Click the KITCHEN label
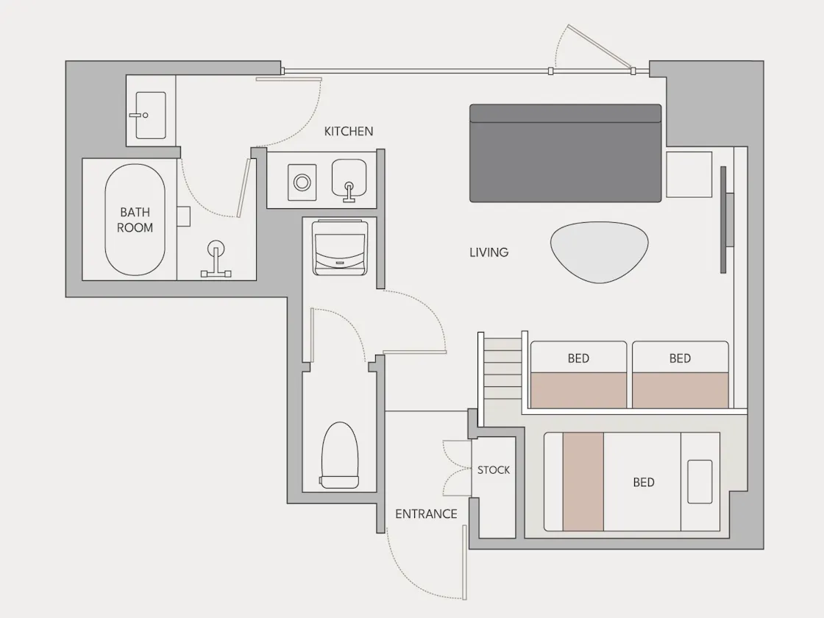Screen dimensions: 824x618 pos(349,132)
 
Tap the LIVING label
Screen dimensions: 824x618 pos(489,252)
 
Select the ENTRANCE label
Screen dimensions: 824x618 pos(426,514)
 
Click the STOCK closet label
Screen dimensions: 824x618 pos(494,470)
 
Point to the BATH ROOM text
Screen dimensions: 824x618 pos(135,220)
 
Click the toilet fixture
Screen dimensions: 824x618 pos(340,455)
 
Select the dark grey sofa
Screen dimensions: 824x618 pos(566,153)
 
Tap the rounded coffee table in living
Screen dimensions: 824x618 pos(599,252)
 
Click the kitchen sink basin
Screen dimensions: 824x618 pos(349,180)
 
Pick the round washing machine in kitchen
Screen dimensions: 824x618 pos(302,182)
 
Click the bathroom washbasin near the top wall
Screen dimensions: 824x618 pos(150,115)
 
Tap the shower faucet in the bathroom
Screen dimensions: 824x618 pos(216,258)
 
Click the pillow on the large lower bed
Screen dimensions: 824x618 pos(700,482)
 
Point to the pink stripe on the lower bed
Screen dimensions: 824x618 pos(583,482)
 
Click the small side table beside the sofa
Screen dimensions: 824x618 pos(689,174)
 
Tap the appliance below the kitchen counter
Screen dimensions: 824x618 pos(339,248)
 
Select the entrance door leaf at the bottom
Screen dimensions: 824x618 pos(464,562)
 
